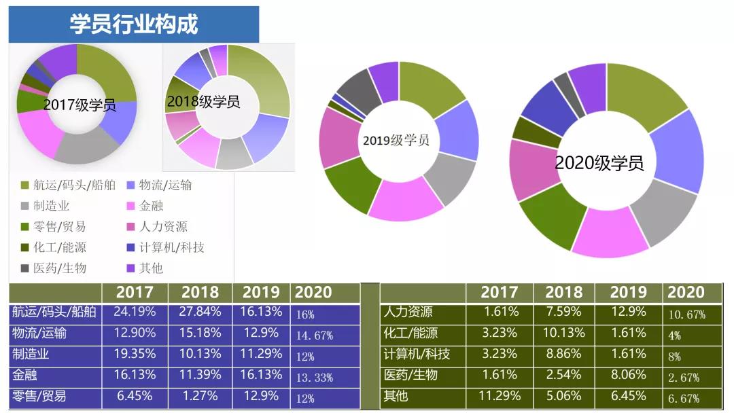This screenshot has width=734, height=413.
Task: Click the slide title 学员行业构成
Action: pos(134,24)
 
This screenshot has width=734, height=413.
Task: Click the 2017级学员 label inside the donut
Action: pos(79,105)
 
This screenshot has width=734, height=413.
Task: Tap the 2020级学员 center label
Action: pos(599,163)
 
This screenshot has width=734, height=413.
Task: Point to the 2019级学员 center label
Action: pos(396,141)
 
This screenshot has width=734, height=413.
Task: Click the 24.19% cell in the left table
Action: pos(135,312)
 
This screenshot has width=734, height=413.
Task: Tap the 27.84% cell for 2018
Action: pos(200,312)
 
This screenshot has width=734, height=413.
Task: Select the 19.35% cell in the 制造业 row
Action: pos(135,354)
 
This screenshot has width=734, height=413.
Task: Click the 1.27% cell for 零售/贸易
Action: pos(200,395)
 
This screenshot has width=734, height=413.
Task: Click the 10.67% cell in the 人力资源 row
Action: pos(686,315)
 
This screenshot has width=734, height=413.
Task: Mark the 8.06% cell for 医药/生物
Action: pos(628,374)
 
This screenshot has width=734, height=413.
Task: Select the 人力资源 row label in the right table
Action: pos(408,312)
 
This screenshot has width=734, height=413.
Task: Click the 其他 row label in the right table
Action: pos(396,395)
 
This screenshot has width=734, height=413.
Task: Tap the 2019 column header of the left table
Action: pos(261,293)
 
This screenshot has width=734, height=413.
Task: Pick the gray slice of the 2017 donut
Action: pos(85,148)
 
